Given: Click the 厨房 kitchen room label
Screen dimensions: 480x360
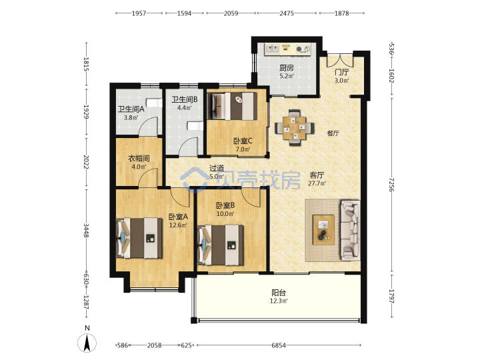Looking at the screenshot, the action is [x=287, y=67].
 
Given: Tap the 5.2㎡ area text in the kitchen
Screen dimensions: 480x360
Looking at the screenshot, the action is [x=287, y=76].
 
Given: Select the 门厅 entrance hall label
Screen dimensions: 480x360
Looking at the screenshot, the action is [x=341, y=72].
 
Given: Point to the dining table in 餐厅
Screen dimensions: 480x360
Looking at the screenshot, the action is [x=294, y=127].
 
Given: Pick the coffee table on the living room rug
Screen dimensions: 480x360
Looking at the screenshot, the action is [x=323, y=229].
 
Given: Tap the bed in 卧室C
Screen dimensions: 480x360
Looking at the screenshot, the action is [x=233, y=106].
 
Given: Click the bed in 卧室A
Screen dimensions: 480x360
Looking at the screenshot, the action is [x=139, y=238].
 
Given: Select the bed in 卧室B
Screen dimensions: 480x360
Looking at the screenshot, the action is [x=221, y=245].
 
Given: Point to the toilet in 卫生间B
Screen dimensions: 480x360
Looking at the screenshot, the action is [x=195, y=126].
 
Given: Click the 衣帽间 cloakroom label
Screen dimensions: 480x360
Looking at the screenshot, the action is [x=139, y=159].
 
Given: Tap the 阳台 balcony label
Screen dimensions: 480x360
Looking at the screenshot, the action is [x=279, y=293].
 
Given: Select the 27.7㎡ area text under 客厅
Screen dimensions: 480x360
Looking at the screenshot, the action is [x=317, y=183].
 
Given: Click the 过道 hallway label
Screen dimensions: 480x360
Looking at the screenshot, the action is [x=217, y=168].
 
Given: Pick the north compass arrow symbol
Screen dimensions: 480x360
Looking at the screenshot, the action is [x=87, y=343].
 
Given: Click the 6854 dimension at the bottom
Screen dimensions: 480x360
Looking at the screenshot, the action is [x=279, y=345].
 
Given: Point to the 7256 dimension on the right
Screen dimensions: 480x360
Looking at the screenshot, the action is [x=391, y=185].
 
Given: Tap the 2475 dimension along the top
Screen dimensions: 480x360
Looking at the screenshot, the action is [x=287, y=13].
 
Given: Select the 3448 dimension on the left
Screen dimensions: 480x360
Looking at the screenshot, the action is [x=87, y=231].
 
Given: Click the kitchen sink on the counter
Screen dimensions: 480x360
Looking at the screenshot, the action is [x=272, y=49].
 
